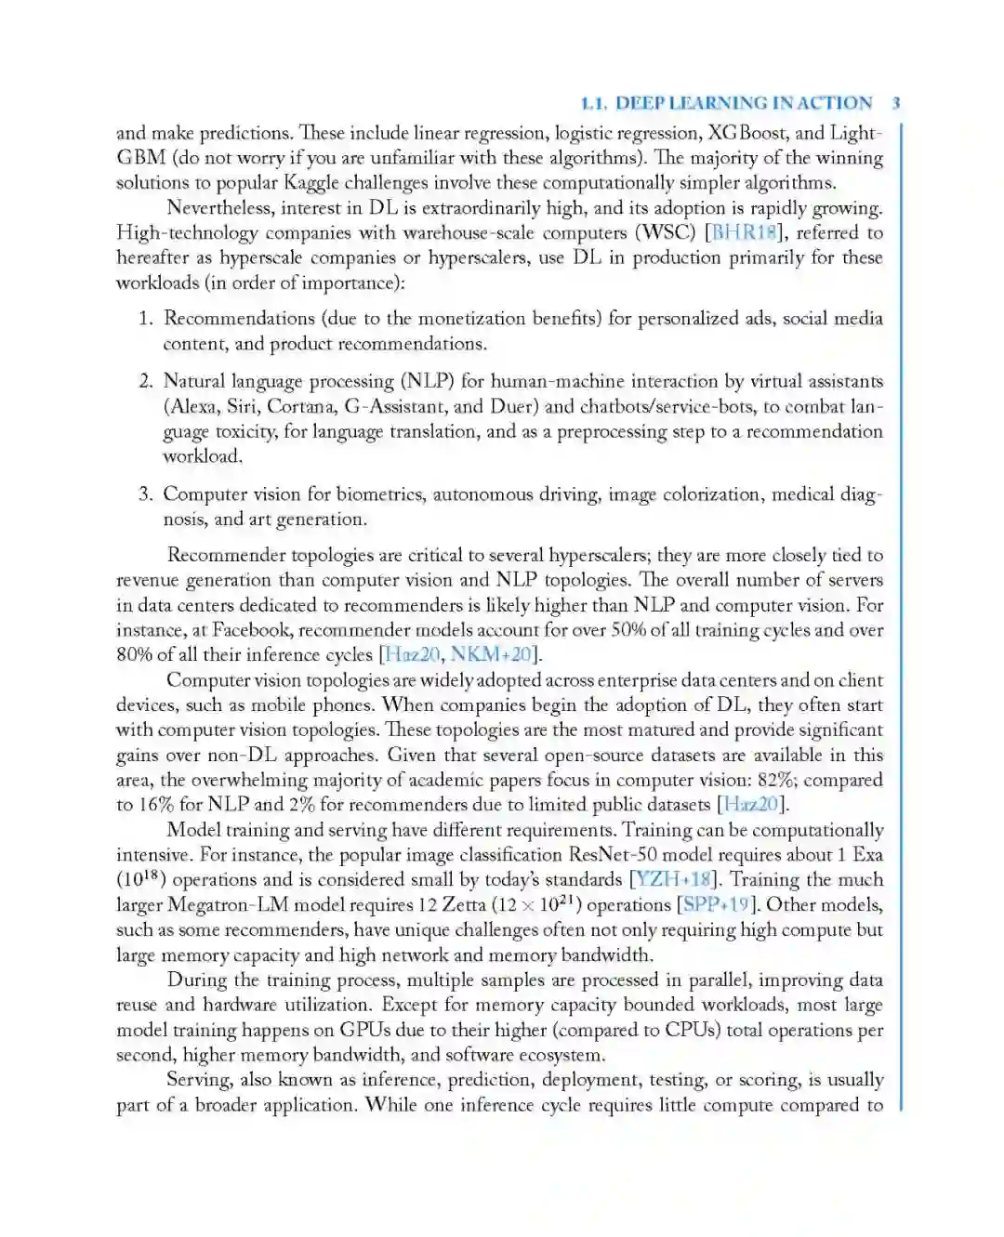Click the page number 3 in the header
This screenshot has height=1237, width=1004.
click(895, 103)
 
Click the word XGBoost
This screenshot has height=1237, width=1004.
click(747, 133)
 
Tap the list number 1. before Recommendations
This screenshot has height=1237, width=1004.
click(146, 319)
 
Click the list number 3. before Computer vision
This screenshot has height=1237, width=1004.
click(146, 494)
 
